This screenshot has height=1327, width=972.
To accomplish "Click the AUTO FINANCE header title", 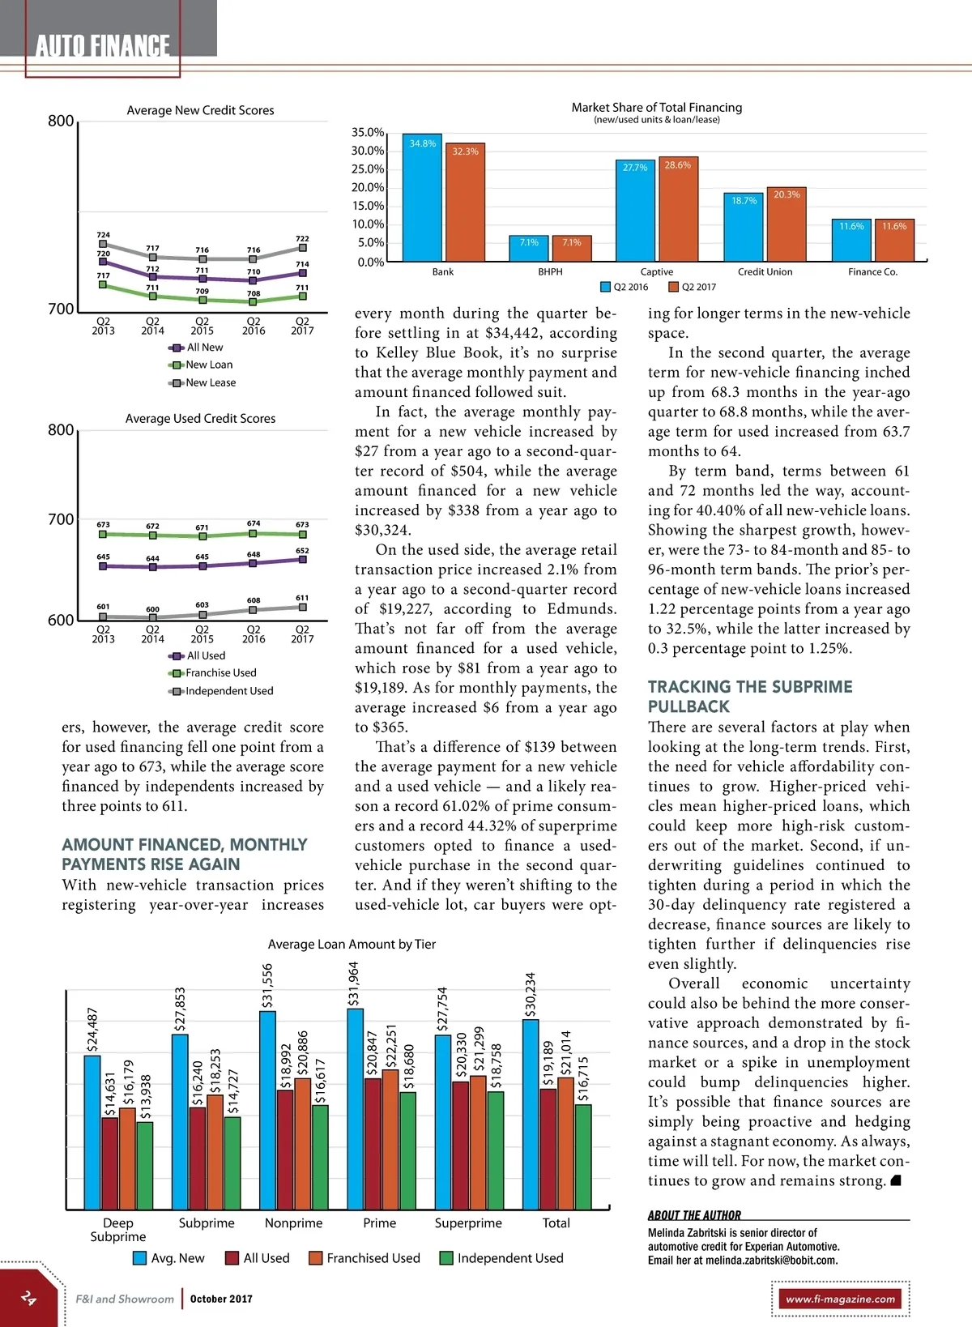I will pos(103,46).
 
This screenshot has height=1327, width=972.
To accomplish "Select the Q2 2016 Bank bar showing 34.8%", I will pos(422,198).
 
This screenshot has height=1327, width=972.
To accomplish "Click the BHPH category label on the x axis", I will pos(550,272).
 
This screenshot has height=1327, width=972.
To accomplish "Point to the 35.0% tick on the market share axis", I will pos(368,132).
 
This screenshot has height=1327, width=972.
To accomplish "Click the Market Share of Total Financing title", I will pos(656,107).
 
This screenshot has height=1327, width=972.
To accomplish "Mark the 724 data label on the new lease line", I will pos(104,235).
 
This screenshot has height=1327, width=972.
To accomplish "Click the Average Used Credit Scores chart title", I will pos(200,419).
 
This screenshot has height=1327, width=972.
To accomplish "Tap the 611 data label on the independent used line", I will pos(302,598).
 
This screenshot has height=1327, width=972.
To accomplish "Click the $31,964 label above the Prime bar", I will pos(353,984).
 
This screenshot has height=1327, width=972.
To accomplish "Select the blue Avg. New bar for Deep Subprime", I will pos(92,1132).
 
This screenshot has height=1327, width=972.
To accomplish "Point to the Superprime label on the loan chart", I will pos(468,1223).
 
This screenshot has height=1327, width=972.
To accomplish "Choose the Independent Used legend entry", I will pos(509,1258).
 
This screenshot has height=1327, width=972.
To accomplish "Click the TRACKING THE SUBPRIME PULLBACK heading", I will pos(750,697).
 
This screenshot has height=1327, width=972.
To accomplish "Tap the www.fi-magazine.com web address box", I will pos(841,1299).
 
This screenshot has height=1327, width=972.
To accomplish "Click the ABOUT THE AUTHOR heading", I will pos(694,1215).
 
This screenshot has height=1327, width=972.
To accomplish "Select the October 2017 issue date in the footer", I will pos(221,1299).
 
